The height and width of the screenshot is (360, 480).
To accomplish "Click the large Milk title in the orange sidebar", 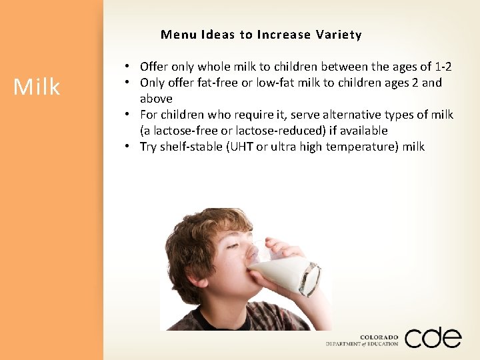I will pos(37,87).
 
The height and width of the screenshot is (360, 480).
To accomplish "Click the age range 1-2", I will pos(442,67).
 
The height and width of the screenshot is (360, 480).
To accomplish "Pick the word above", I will pos(156,99).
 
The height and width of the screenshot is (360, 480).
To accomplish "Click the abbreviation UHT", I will pos(241,147).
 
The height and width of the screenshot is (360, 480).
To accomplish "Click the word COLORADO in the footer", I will pos(379,337).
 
